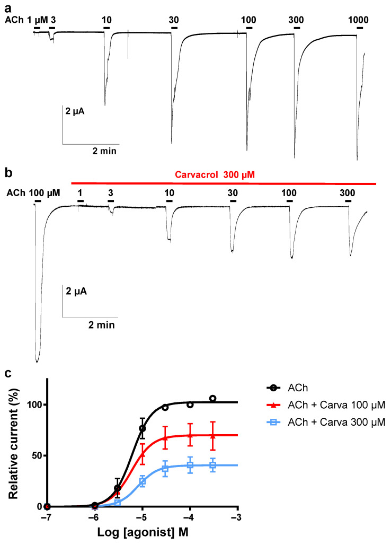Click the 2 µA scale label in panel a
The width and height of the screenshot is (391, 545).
click(75, 111)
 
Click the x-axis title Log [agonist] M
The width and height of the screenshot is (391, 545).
click(143, 533)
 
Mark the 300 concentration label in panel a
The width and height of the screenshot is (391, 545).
click(297, 20)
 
